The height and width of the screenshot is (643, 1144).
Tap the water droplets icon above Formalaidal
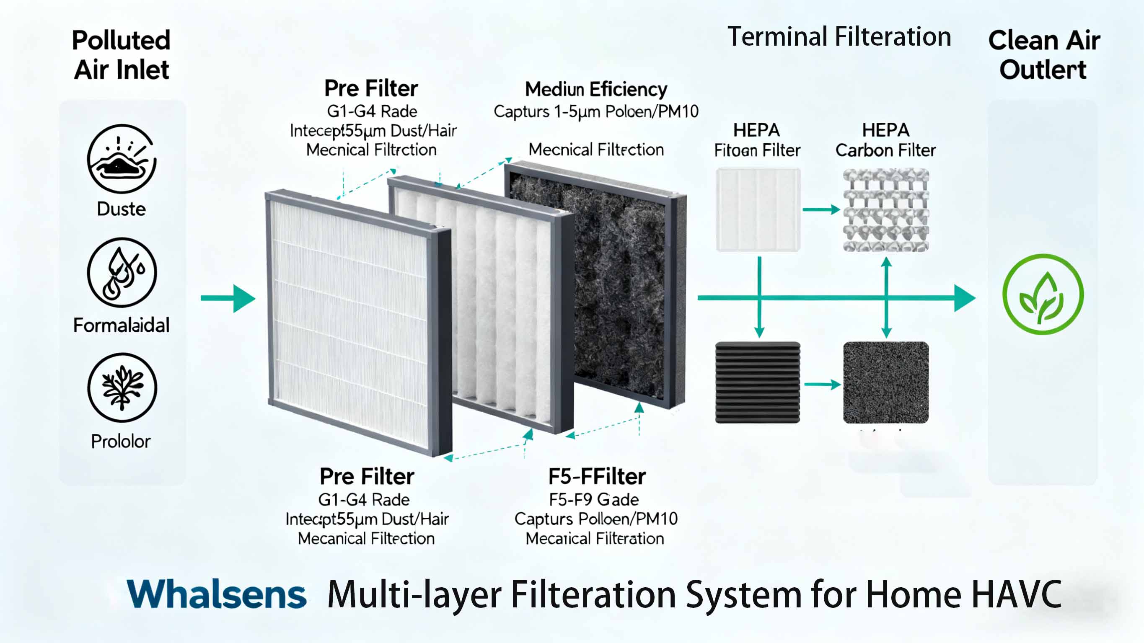coord(122,272)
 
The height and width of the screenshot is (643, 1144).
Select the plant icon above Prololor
coord(122,387)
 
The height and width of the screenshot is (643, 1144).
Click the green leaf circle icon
coord(1043,294)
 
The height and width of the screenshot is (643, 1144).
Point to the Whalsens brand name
coord(217,594)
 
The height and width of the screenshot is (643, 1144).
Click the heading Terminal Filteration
coord(839,36)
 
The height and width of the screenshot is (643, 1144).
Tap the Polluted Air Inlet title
coord(121,54)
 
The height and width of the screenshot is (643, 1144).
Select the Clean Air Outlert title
coord(1043,54)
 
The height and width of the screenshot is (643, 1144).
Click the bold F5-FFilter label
coord(597,476)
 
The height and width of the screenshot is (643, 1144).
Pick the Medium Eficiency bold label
coord(596,89)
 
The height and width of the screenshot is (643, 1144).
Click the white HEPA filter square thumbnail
coord(758,209)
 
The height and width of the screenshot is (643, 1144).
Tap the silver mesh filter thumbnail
coord(886,209)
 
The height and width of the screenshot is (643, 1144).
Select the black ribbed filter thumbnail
coord(758,382)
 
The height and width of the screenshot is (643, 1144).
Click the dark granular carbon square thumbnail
coord(886,382)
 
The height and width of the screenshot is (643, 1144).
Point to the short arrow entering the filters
coord(228,298)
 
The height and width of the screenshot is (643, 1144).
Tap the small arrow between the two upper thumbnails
coord(822,209)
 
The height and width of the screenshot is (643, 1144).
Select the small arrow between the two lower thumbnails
coord(823,384)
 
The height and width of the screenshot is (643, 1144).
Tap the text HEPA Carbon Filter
coord(885,140)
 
